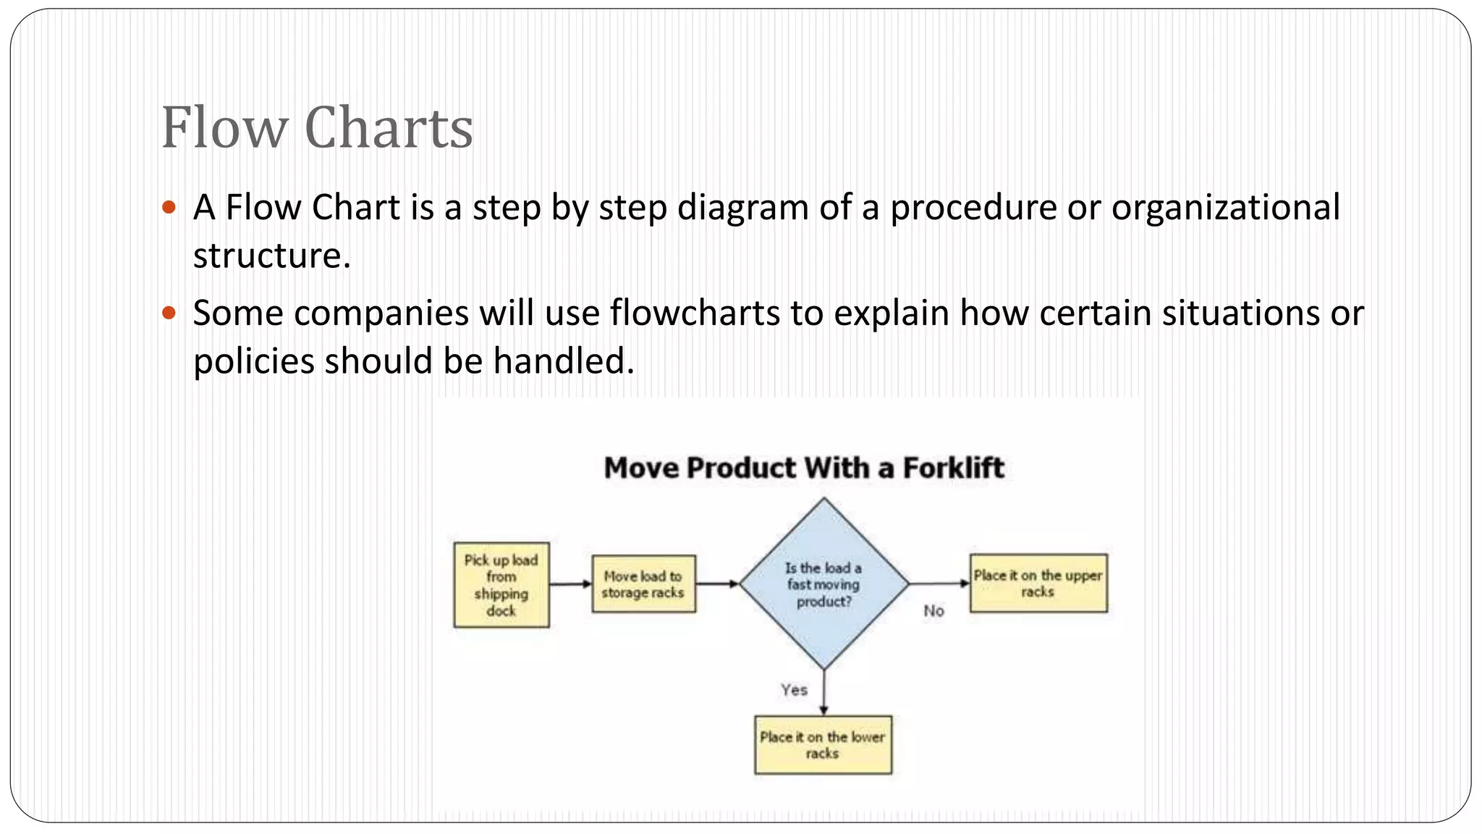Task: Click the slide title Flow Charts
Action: (x=317, y=128)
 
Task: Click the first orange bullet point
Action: (x=169, y=208)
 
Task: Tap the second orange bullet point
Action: (x=169, y=313)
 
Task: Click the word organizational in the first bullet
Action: (x=1225, y=208)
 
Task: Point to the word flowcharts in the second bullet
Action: (x=695, y=313)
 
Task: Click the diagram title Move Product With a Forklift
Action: (x=804, y=468)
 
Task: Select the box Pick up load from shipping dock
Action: (x=501, y=585)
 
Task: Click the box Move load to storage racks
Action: (x=643, y=584)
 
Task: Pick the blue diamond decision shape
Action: (x=823, y=584)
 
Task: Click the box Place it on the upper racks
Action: (x=1038, y=584)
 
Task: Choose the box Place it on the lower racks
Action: (x=823, y=745)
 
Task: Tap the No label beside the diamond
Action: (x=933, y=611)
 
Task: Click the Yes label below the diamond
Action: (x=794, y=690)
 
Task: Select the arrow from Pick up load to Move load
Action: (x=570, y=584)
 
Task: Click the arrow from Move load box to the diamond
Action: (x=717, y=584)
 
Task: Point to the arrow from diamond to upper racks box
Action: (x=939, y=584)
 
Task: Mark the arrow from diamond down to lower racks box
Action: (x=823, y=693)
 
